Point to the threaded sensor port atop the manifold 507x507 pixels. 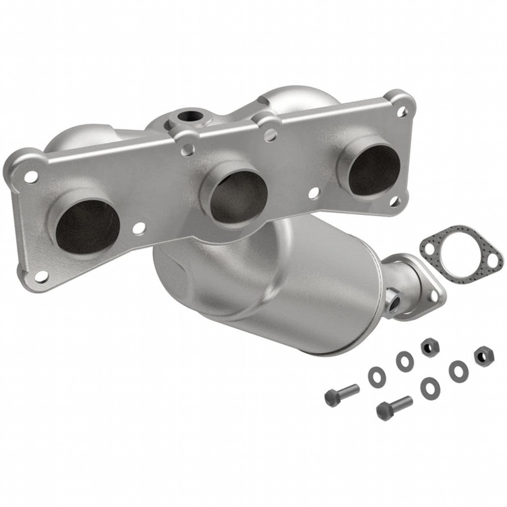click(189, 116)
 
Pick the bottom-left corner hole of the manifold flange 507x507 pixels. click(42, 275)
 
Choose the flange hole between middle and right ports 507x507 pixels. click(313, 194)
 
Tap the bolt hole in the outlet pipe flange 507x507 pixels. click(434, 296)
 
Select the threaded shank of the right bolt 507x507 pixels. click(402, 404)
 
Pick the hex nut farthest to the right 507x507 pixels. click(481, 355)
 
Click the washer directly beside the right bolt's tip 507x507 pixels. click(429, 388)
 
